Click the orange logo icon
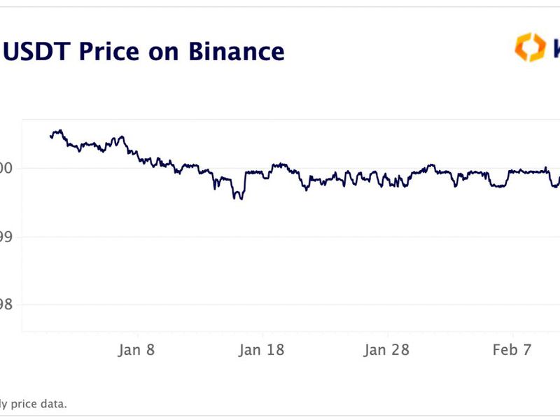point(530,48)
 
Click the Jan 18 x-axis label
point(262,350)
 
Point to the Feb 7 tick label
point(512,350)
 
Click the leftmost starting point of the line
point(50,136)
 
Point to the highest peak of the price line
point(60,130)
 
